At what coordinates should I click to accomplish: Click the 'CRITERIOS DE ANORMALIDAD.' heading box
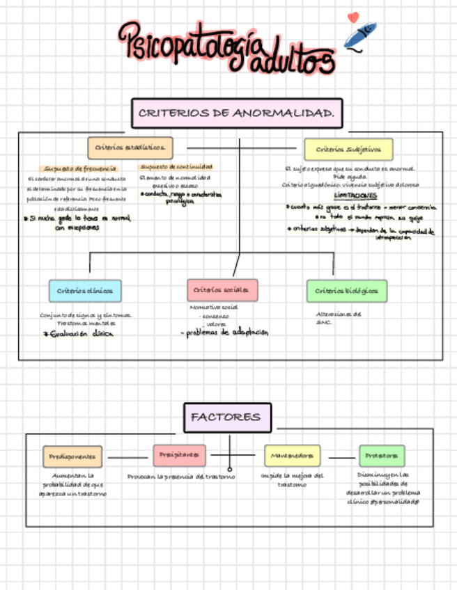point(237,113)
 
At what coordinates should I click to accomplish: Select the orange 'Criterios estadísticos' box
point(130,147)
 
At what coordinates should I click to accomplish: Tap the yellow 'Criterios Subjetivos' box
point(348,149)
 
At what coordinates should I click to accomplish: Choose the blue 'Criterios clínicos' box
point(85,290)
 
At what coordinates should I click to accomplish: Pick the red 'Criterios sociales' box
point(222,290)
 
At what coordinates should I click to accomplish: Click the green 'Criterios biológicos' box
point(346,290)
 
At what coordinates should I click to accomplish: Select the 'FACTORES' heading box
point(227,417)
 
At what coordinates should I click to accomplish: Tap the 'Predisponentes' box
point(73,456)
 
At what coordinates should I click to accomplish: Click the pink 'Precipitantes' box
point(179,455)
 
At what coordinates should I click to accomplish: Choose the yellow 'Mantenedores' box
point(292,456)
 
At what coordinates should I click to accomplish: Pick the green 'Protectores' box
point(382,456)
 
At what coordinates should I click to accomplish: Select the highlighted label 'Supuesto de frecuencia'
point(80,168)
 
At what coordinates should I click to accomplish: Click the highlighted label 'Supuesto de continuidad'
point(176,167)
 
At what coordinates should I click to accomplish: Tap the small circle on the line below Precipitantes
point(230,469)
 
